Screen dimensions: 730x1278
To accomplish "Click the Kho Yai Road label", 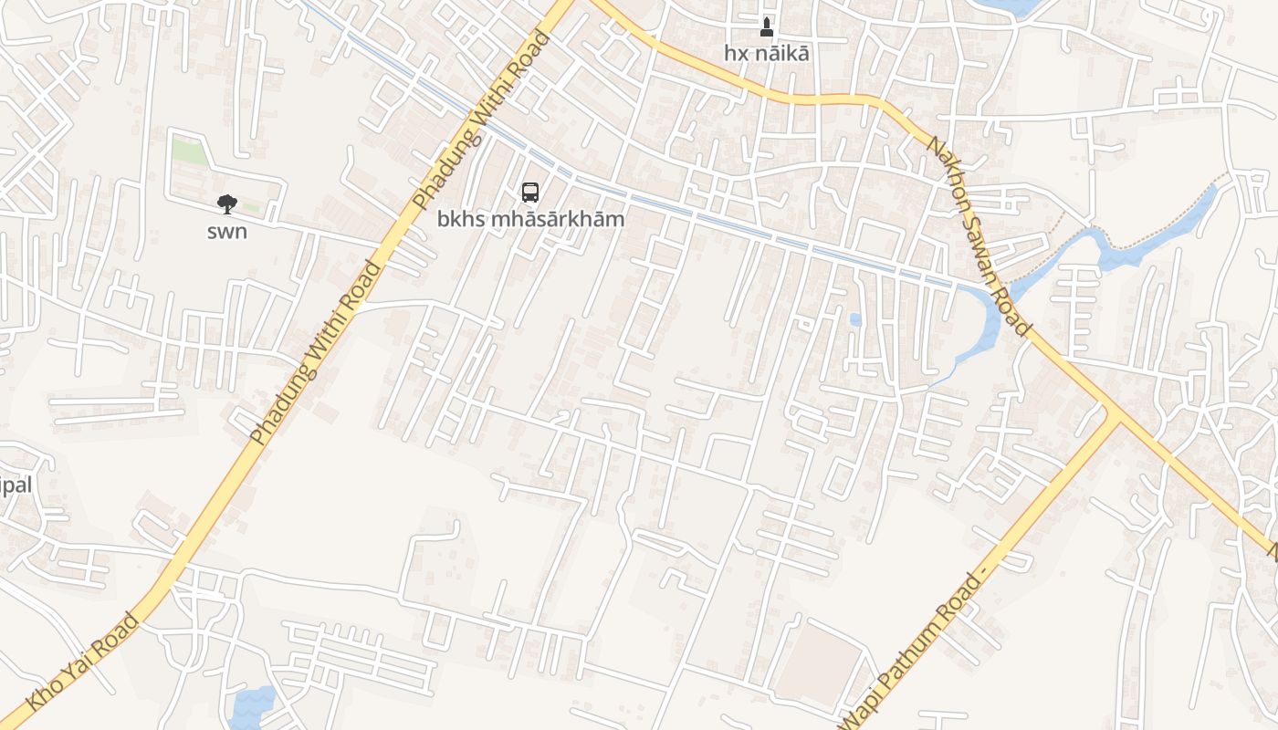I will [x=84, y=661].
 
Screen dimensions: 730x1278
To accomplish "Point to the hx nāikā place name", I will [x=767, y=53].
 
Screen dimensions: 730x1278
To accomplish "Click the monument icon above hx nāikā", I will [x=767, y=26].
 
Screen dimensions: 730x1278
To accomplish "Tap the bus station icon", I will [x=530, y=192].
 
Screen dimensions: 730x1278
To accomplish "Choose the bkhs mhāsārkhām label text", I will [x=530, y=219].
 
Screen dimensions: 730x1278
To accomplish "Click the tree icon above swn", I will [x=226, y=204].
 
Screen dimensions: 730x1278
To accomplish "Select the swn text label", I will [x=226, y=232].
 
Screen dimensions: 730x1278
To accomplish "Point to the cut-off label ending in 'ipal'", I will [x=16, y=485].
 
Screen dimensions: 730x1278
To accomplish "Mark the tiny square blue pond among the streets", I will [x=855, y=319].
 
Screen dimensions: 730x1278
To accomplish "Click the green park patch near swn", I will [x=190, y=151].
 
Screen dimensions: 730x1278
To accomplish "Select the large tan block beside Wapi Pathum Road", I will [x=818, y=664].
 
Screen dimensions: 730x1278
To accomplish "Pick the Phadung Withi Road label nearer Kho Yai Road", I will [x=315, y=352].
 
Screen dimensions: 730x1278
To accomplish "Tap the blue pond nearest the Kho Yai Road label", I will [x=252, y=705].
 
